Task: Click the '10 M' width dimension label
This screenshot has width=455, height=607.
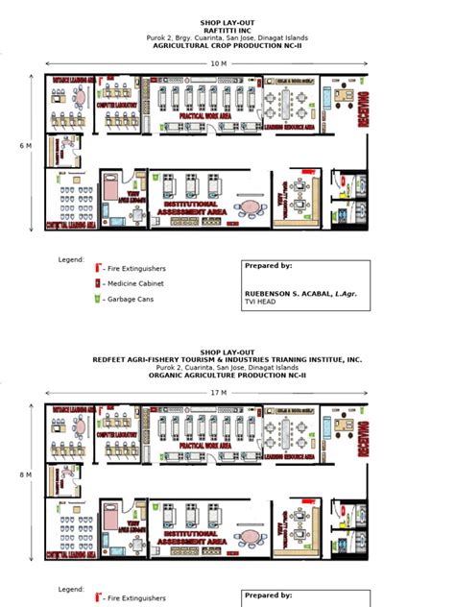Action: (219, 63)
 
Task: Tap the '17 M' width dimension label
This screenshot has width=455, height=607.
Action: (219, 393)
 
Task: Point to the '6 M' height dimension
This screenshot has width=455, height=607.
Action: (27, 146)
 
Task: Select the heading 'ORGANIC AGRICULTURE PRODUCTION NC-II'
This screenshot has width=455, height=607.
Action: (227, 376)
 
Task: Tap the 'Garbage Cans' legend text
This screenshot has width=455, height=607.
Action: (129, 300)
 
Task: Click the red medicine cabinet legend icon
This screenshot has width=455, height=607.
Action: (97, 283)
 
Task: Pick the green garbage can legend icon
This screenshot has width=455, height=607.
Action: (97, 300)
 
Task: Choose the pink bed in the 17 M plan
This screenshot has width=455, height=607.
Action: (112, 516)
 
